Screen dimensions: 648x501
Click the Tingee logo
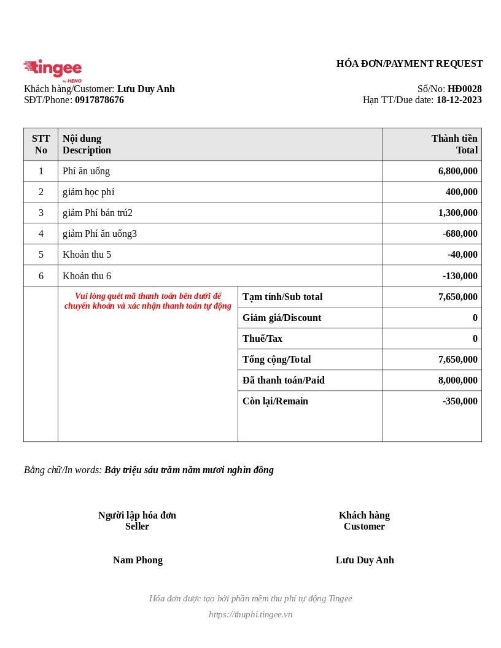pyautogui.click(x=53, y=70)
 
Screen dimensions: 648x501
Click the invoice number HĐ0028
pyautogui.click(x=464, y=89)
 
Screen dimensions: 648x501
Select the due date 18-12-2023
pyautogui.click(x=459, y=100)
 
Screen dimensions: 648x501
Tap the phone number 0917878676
pyautogui.click(x=99, y=100)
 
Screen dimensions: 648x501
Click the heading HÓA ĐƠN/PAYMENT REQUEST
pyautogui.click(x=410, y=64)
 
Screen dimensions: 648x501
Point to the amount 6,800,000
pyautogui.click(x=457, y=171)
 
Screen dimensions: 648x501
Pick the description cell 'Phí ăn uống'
pyautogui.click(x=87, y=171)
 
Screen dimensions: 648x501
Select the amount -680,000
pyautogui.click(x=460, y=234)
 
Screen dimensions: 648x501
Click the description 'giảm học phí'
pyautogui.click(x=88, y=192)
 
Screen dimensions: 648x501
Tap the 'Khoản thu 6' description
pyautogui.click(x=87, y=276)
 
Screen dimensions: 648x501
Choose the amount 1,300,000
pyautogui.click(x=457, y=213)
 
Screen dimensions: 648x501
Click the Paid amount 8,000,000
pyautogui.click(x=457, y=380)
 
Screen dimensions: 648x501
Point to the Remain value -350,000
pyautogui.click(x=460, y=401)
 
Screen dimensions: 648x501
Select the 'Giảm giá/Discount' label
pyautogui.click(x=282, y=318)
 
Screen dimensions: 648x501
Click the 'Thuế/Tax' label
pyautogui.click(x=262, y=339)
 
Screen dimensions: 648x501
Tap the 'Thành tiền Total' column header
pyautogui.click(x=454, y=144)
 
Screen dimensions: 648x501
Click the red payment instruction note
pyautogui.click(x=148, y=301)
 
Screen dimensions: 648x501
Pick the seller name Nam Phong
pyautogui.click(x=138, y=560)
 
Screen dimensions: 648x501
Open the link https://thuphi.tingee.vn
pyautogui.click(x=251, y=614)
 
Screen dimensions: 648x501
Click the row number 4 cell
pyautogui.click(x=41, y=234)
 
